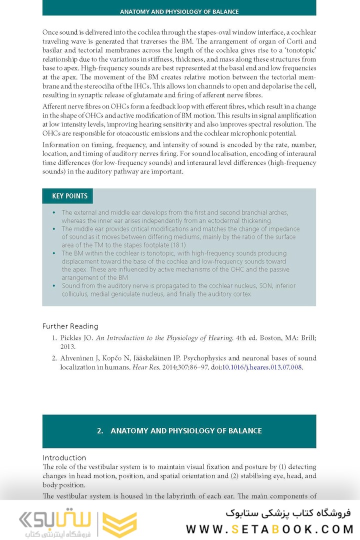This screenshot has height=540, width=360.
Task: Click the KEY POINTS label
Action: click(x=69, y=196)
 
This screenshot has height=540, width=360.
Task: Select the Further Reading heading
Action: click(x=70, y=326)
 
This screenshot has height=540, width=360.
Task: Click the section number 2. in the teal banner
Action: click(x=100, y=430)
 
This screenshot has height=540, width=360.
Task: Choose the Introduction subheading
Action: click(x=64, y=457)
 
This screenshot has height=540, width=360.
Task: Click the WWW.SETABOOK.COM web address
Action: click(x=269, y=528)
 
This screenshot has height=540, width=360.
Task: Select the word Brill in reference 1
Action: click(x=307, y=338)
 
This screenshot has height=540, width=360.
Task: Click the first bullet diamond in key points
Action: click(x=54, y=212)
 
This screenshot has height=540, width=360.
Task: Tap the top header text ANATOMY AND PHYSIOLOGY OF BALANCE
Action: click(x=179, y=11)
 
